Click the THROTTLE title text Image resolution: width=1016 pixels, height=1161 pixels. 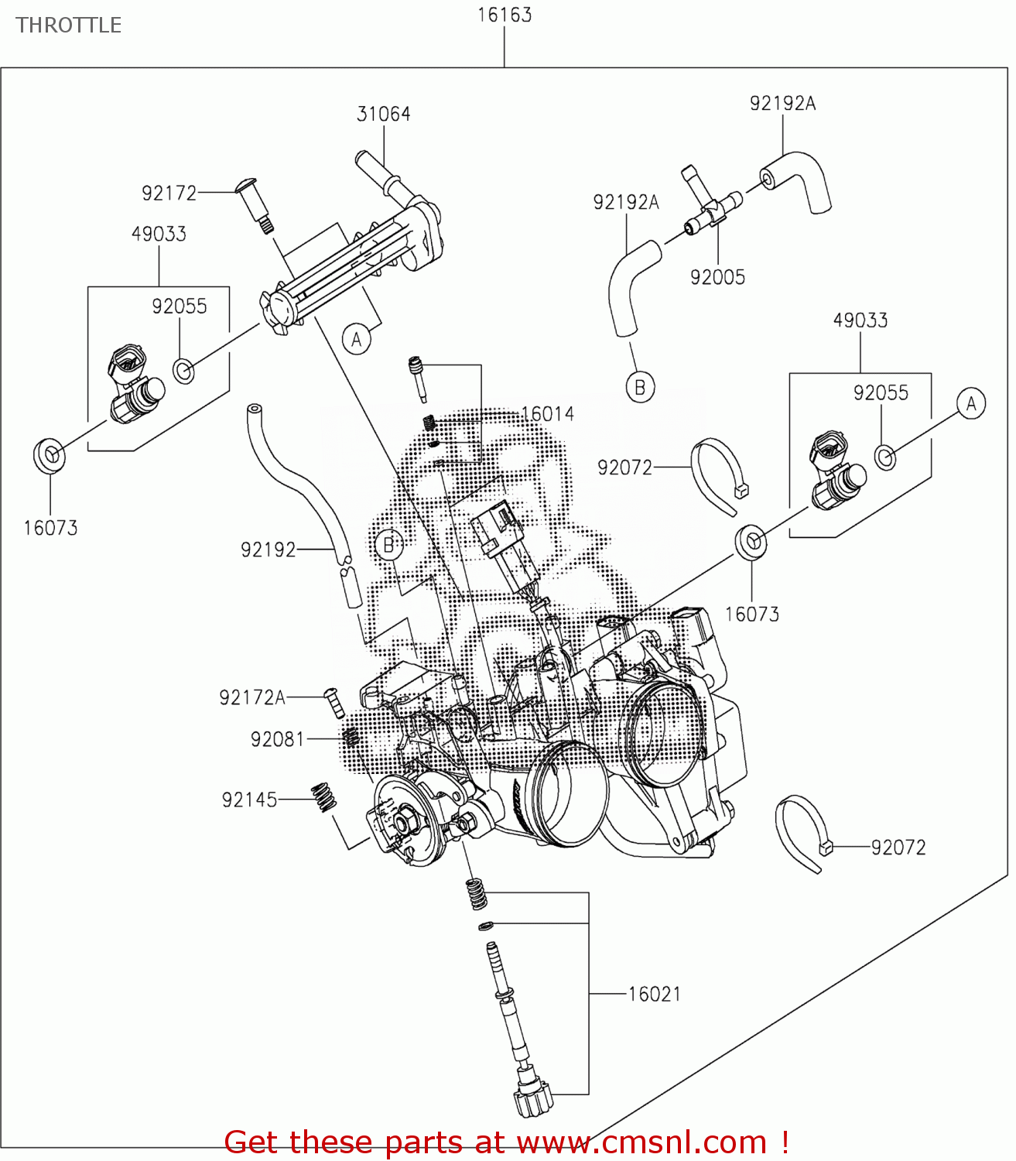point(69,26)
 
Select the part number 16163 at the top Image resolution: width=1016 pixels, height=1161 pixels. point(505,15)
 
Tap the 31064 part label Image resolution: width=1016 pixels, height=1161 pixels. point(383,114)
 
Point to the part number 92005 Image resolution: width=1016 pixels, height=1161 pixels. point(717,277)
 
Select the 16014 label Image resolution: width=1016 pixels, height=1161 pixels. point(548,414)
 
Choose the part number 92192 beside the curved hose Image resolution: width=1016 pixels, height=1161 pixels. point(268,550)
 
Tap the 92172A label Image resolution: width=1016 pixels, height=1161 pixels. point(252,697)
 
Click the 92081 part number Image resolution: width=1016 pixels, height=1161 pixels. point(277,739)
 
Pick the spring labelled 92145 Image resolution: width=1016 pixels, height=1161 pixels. point(323,797)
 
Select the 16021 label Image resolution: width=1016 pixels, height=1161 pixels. point(654,994)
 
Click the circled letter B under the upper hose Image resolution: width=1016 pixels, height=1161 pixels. point(640,386)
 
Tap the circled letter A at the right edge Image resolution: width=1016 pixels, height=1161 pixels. point(971,403)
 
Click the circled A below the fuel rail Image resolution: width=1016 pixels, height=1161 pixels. point(357,339)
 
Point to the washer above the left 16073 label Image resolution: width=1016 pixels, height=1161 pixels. point(50,455)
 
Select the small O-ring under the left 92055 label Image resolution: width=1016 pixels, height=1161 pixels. point(183,371)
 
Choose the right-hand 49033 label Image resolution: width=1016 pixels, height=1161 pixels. point(860,320)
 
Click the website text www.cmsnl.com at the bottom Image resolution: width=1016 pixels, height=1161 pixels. point(641,1142)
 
